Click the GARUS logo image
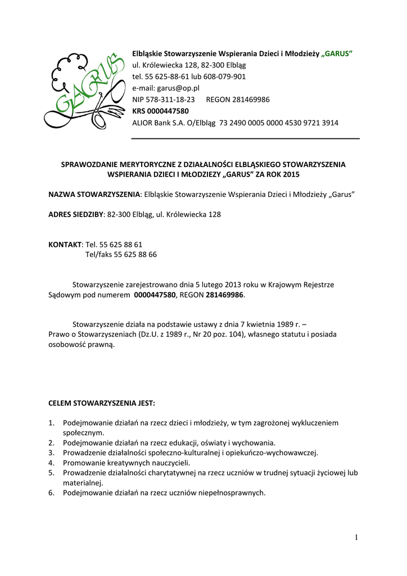pos(85,87)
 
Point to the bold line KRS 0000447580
pos(160,111)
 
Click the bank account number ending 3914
pos(279,123)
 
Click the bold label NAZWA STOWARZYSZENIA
pos(94,194)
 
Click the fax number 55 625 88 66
pos(135,255)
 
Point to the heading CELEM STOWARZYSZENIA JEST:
pos(101,403)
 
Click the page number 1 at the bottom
pos(356,538)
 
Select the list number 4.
pos(51,462)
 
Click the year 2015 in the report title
pos(292,174)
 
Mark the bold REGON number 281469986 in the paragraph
pos(225,295)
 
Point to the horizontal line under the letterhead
pos(245,138)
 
